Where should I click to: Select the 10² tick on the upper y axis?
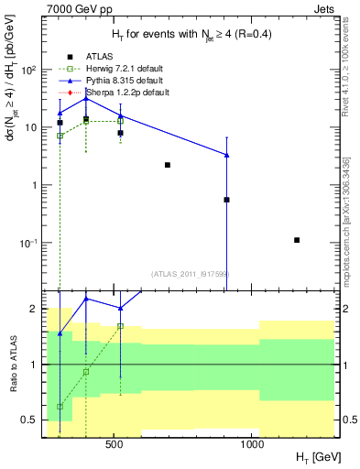29,70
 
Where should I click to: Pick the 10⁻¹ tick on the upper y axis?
29,243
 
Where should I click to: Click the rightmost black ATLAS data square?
297,240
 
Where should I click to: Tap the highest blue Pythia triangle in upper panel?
86,98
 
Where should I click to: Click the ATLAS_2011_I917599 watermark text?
189,273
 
